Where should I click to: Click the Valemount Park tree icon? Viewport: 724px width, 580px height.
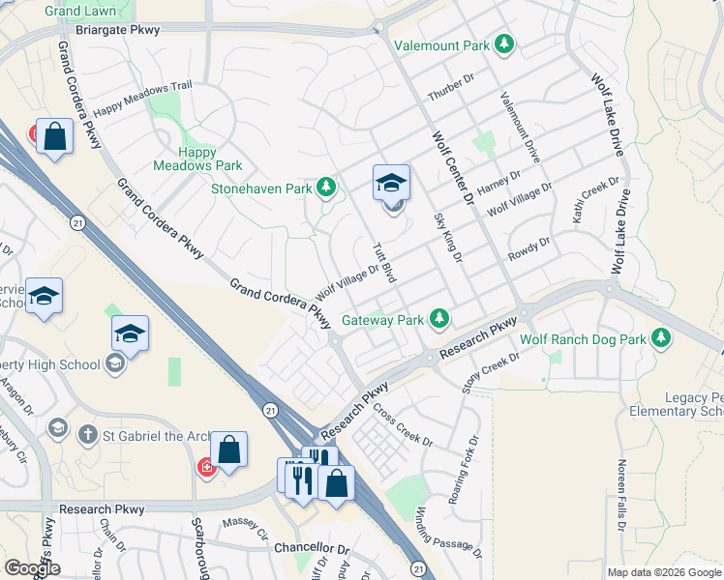click(x=503, y=44)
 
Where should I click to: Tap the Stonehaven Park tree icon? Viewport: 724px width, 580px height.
click(x=326, y=187)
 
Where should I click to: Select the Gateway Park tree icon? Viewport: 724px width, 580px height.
click(x=439, y=317)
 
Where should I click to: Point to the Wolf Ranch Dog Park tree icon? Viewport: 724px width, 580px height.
click(x=661, y=337)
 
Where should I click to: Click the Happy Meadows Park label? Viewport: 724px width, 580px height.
click(x=184, y=159)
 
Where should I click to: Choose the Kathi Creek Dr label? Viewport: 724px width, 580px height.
click(x=594, y=202)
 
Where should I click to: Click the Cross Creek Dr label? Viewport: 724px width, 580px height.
click(x=403, y=424)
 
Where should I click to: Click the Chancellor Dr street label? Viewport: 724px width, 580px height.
click(x=310, y=547)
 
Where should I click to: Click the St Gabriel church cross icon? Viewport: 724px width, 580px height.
click(x=88, y=433)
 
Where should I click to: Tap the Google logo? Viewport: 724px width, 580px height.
click(x=31, y=568)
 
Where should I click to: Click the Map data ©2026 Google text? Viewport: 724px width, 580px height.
click(x=663, y=572)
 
